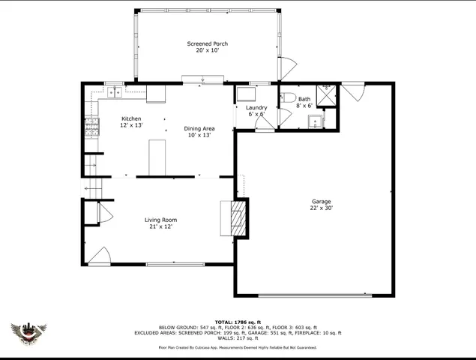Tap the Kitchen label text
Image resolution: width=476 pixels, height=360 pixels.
(132, 119)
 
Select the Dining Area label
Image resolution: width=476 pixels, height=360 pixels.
(199, 129)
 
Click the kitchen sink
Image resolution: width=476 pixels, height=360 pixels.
(115, 93)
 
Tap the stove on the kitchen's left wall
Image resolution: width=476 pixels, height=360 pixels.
(92, 129)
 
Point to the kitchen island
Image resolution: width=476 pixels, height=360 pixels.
(157, 155)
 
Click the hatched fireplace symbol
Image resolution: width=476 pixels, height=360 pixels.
(238, 217)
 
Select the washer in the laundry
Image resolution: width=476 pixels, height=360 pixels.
(245, 94)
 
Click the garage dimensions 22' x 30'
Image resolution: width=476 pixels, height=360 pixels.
(322, 208)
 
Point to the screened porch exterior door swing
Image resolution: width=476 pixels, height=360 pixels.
(286, 68)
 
